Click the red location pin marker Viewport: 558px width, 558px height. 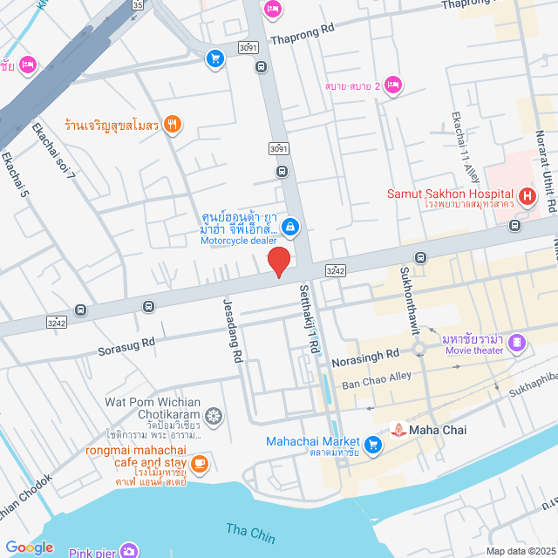coord(278,262)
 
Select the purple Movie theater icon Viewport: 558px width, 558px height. coord(519,343)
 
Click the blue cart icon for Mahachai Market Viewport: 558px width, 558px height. coord(372,445)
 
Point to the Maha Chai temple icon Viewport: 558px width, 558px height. coord(398,429)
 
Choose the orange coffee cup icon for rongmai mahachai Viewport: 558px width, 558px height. coord(200,463)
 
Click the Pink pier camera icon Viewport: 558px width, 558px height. coord(129,550)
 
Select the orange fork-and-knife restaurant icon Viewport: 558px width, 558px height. coord(173,125)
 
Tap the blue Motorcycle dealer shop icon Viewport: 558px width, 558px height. coord(291,228)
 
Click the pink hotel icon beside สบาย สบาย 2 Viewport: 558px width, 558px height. coord(393,85)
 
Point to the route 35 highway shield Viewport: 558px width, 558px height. coord(138,4)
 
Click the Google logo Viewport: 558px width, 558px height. coord(30,547)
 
